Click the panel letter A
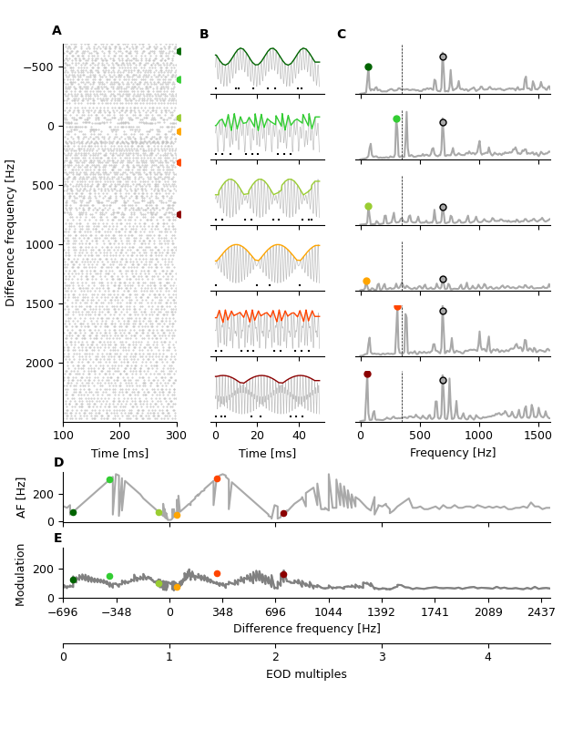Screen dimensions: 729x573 (x=56, y=31)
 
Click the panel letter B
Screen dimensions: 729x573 (x=204, y=35)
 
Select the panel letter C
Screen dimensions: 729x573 (x=342, y=35)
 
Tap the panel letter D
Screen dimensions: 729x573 (x=58, y=463)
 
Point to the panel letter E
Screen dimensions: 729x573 (x=58, y=539)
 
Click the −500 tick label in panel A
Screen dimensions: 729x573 (x=36, y=67)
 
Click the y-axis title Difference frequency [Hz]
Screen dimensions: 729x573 (x=11, y=232)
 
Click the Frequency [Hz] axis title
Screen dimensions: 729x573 (x=453, y=453)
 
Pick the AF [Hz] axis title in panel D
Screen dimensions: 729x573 (x=22, y=497)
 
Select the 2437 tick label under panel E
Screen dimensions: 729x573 (x=540, y=612)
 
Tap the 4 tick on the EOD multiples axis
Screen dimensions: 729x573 (x=487, y=657)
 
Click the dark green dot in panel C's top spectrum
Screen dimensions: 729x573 (x=368, y=67)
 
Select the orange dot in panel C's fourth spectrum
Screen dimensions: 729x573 (x=366, y=282)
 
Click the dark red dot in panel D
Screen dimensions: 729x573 (x=283, y=514)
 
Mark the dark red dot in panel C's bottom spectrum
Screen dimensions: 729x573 (x=367, y=374)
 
